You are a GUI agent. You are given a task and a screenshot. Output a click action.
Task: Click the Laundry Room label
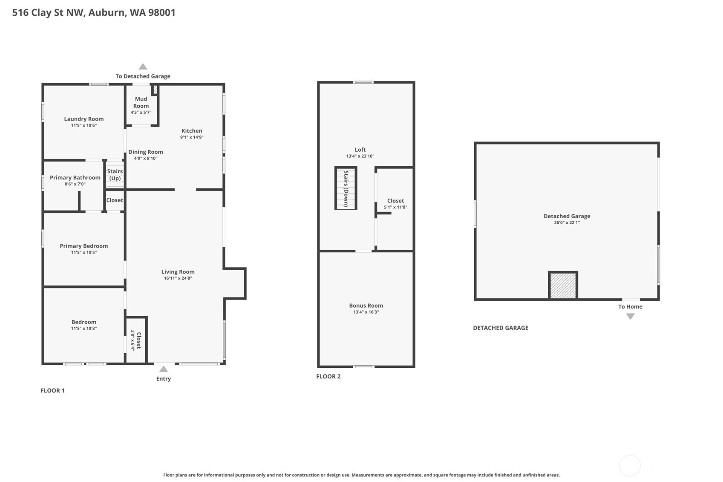tap(84, 119)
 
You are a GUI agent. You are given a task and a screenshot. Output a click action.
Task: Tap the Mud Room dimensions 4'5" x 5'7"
tap(141, 113)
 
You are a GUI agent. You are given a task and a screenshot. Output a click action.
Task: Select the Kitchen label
tap(192, 131)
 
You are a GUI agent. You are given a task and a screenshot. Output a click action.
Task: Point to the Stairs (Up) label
tap(115, 175)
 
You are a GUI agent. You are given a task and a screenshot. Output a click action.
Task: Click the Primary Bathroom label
tap(75, 178)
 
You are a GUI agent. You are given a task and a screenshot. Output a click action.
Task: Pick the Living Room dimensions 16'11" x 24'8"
tap(178, 278)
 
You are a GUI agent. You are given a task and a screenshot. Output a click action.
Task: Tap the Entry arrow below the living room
tap(163, 369)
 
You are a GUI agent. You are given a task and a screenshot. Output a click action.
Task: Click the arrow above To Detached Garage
tap(143, 66)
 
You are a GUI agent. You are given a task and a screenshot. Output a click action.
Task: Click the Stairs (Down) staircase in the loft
tap(346, 188)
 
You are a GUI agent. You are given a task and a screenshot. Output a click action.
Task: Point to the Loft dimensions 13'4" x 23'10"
tap(360, 156)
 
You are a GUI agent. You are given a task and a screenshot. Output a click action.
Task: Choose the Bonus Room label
tap(366, 306)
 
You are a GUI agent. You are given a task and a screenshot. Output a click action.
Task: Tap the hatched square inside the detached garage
tap(563, 286)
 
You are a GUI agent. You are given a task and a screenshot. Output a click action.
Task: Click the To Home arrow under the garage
tap(630, 316)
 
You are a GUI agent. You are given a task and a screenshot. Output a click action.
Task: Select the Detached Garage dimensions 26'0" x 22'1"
tap(567, 222)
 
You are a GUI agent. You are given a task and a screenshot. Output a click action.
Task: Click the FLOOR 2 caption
tap(328, 376)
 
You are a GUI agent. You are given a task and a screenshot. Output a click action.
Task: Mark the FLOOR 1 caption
tap(52, 390)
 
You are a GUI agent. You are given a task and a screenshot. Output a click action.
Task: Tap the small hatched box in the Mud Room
tap(156, 89)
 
